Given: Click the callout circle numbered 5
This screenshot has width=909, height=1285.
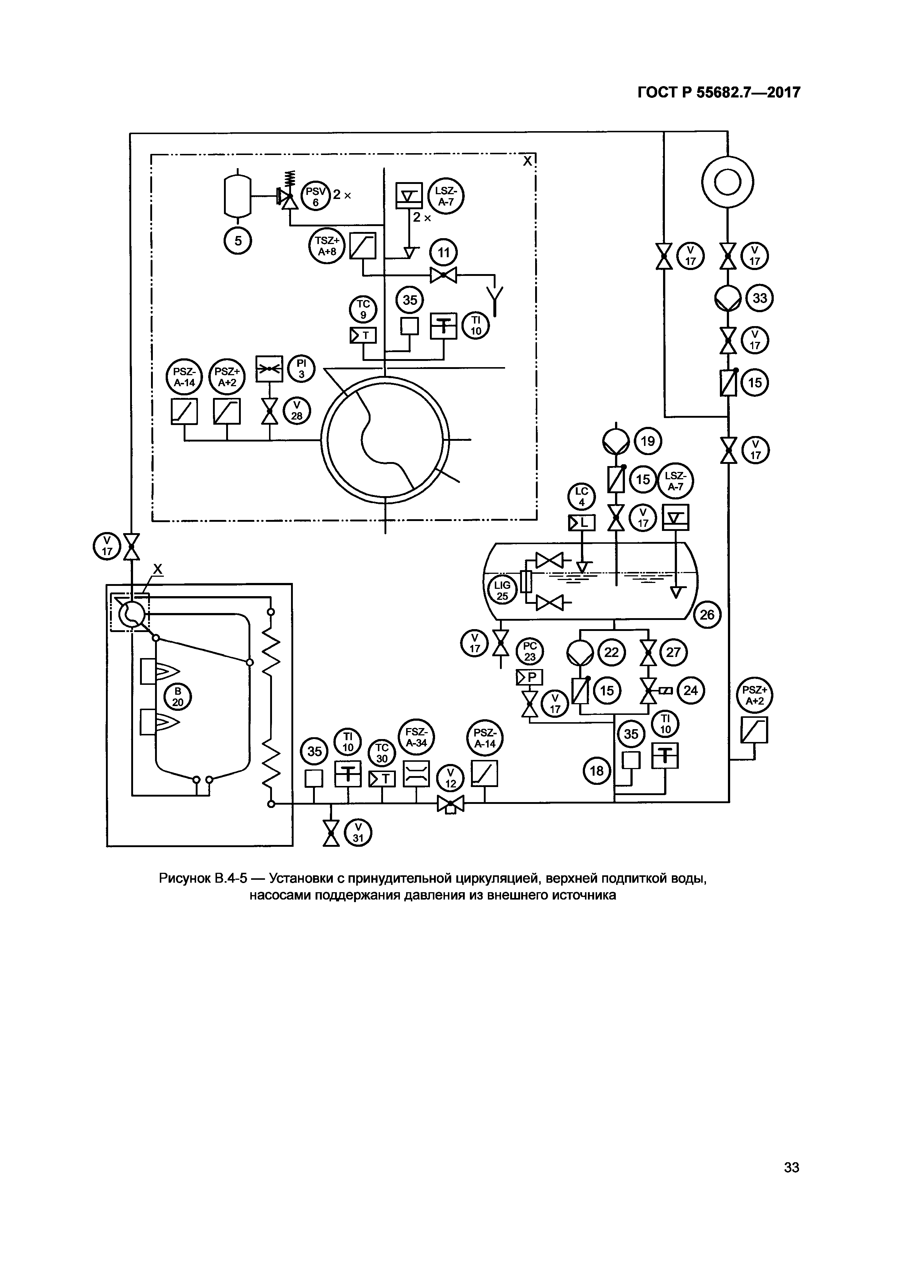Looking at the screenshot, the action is point(238,241).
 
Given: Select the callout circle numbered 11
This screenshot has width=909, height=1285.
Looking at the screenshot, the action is point(443,253).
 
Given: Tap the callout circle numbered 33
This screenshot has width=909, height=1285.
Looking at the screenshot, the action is point(759,298).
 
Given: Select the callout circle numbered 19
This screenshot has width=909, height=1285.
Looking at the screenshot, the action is point(648,442).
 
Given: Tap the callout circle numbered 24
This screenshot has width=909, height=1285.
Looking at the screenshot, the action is point(691,691).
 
